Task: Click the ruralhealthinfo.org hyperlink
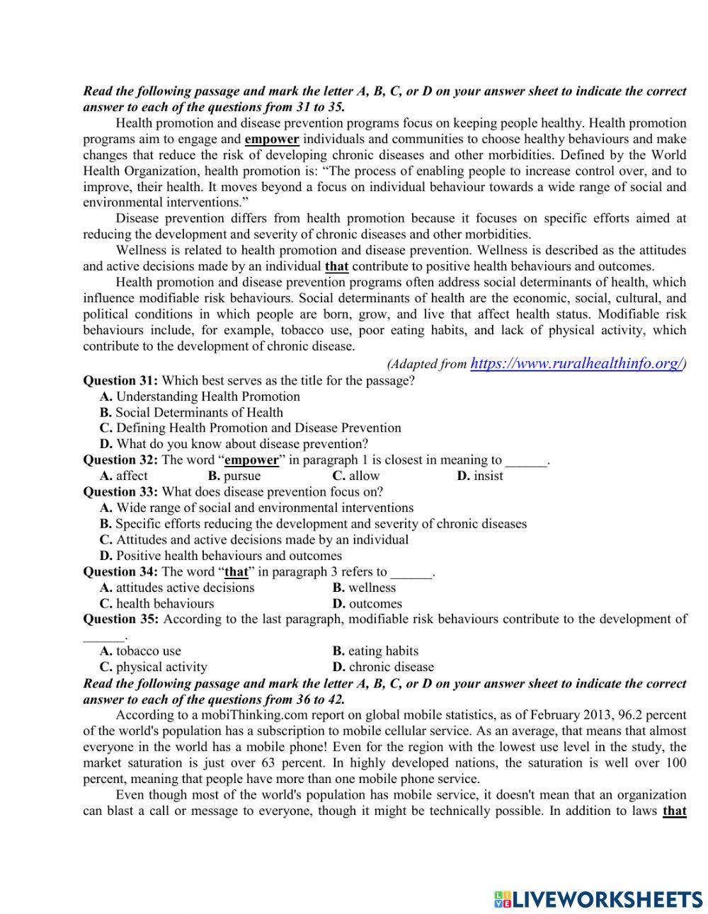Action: (x=576, y=364)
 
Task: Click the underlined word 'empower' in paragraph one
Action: (x=271, y=139)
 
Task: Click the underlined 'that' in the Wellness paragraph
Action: (x=336, y=267)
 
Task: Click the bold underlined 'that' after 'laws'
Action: (x=674, y=811)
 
